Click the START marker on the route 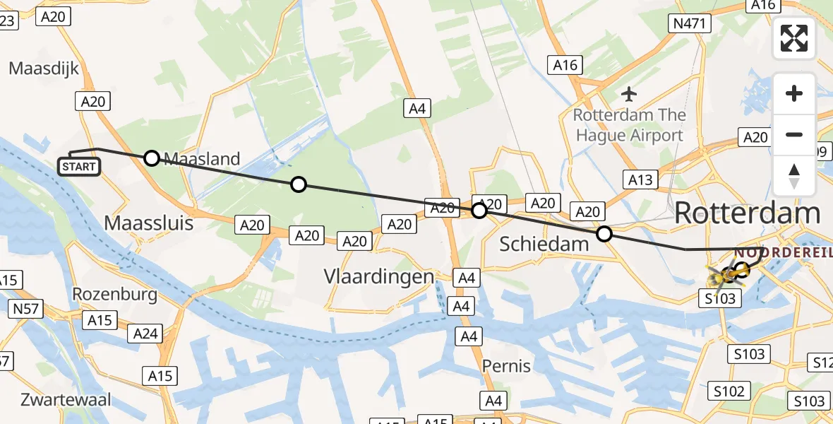(x=79, y=167)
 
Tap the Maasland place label (x=202, y=159)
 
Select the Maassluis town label (x=148, y=223)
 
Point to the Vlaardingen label (x=378, y=276)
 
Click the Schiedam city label (x=544, y=245)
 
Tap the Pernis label (x=506, y=366)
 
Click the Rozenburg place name (x=114, y=294)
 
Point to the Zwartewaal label (x=66, y=399)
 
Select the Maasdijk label (x=44, y=69)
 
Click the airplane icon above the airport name (x=629, y=93)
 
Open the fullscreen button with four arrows (x=794, y=38)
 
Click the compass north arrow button (x=794, y=175)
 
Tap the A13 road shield (x=640, y=179)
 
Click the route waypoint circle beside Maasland (x=152, y=158)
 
